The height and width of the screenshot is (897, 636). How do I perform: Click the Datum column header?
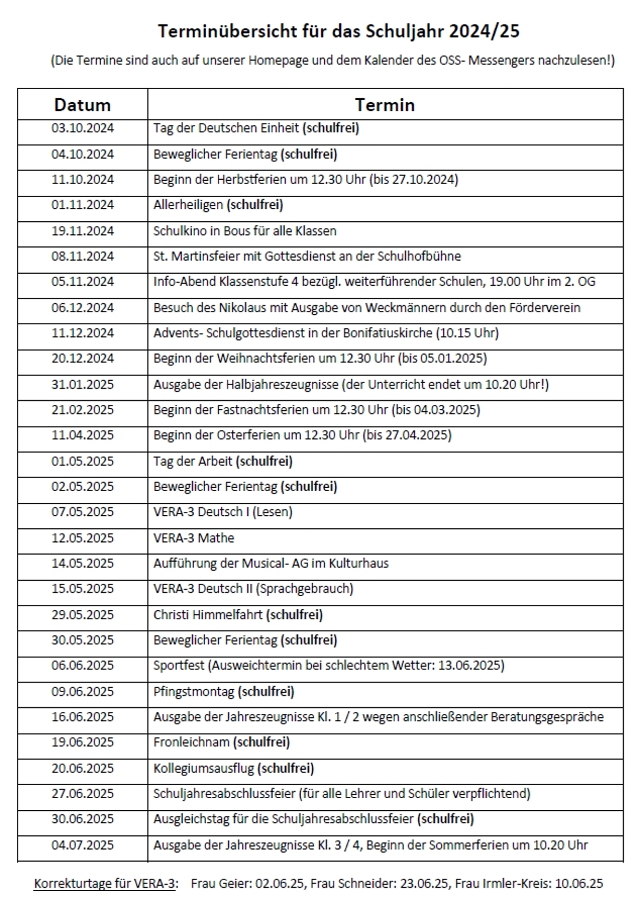click(x=82, y=105)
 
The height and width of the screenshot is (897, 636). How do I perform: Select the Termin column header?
click(x=384, y=105)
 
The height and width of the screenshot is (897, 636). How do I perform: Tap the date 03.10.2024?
click(x=82, y=128)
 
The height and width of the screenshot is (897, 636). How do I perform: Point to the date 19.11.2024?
click(x=82, y=231)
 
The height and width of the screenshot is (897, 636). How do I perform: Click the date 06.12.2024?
click(x=82, y=308)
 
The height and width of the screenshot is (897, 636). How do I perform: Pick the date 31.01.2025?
click(x=82, y=385)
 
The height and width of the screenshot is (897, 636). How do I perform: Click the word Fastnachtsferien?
click(x=263, y=410)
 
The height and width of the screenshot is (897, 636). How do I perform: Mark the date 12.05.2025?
click(x=82, y=538)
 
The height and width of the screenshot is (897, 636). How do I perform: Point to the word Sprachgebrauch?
click(x=305, y=589)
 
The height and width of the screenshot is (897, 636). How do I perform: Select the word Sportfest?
click(x=179, y=666)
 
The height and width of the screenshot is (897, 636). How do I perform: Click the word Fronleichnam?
click(x=191, y=742)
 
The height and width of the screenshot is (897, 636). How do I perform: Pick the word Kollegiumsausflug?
click(x=203, y=768)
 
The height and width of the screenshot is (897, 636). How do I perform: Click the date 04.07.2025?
click(x=82, y=845)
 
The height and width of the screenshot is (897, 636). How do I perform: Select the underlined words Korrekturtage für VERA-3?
click(x=106, y=884)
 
